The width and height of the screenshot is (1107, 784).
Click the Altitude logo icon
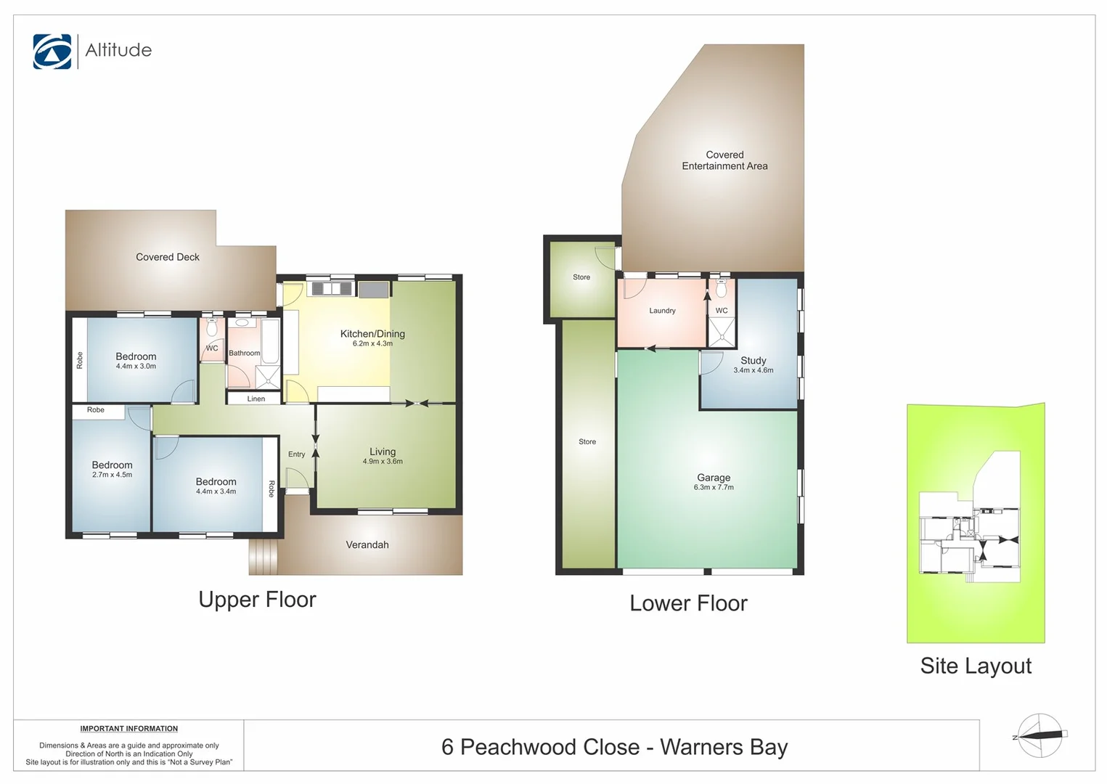click(52, 52)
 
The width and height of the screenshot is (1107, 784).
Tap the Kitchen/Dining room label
click(372, 334)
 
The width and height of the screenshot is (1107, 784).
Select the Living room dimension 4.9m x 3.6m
click(383, 461)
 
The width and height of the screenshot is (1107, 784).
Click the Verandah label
click(367, 544)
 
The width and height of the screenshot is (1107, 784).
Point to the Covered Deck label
click(167, 257)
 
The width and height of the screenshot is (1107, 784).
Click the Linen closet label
click(256, 399)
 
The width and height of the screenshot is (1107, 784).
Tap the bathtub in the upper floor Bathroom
click(270, 340)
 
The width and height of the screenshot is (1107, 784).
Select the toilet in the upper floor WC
click(211, 328)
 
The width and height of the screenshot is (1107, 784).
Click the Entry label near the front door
click(296, 454)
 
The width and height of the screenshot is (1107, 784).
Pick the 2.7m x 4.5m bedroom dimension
click(112, 475)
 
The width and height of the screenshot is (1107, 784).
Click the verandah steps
click(264, 556)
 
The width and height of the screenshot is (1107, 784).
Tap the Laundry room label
click(661, 311)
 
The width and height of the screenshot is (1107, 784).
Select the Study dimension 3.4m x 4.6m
click(753, 370)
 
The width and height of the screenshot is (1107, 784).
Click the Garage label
click(713, 478)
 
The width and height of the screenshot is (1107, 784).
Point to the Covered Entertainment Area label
click(724, 160)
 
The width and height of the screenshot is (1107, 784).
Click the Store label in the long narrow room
click(587, 441)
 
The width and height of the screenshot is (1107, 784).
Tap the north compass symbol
click(1039, 735)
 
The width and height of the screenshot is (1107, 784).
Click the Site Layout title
click(975, 666)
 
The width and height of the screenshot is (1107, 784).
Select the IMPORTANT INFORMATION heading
click(128, 729)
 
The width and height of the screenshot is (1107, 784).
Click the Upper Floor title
click(257, 600)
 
